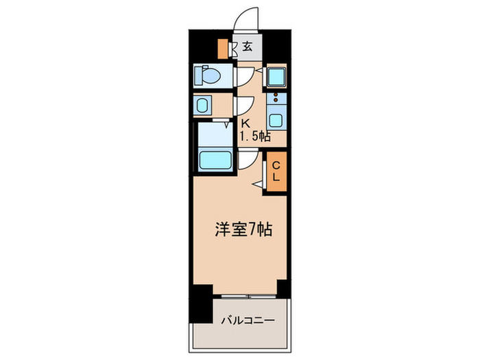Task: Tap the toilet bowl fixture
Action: pyautogui.click(x=206, y=74)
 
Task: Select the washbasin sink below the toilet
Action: pyautogui.click(x=204, y=106)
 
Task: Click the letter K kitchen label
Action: pyautogui.click(x=243, y=123)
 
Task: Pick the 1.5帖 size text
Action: pyautogui.click(x=254, y=136)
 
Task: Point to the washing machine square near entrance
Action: pyautogui.click(x=276, y=74)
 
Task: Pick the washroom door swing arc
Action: pyautogui.click(x=245, y=105)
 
